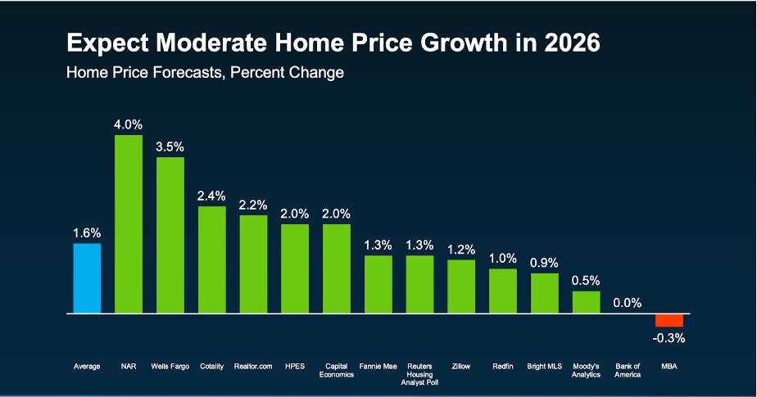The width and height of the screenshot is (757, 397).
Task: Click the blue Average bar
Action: [x=87, y=278]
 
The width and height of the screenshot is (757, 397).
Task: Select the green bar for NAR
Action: [x=129, y=224]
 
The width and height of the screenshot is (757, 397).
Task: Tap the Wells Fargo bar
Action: [x=170, y=235]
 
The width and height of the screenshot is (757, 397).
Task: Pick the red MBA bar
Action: [x=669, y=320]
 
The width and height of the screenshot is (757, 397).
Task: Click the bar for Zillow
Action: [x=461, y=286]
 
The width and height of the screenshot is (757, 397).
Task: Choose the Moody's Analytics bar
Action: [x=586, y=302]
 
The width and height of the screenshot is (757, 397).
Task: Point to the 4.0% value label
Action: [x=129, y=124]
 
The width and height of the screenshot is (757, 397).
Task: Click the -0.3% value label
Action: [x=669, y=337]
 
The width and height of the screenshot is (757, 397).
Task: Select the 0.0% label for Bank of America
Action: [x=628, y=303]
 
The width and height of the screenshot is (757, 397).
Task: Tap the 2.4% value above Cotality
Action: [x=212, y=196]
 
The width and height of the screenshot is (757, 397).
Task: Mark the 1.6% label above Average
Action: [x=87, y=232]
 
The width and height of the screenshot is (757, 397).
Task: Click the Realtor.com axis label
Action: [x=253, y=366]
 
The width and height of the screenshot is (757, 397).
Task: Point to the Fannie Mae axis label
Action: [x=378, y=366]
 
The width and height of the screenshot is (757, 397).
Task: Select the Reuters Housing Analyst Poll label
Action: [x=419, y=374]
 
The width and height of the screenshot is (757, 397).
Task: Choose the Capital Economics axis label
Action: [x=337, y=370]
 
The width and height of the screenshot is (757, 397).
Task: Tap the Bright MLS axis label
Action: [x=544, y=366]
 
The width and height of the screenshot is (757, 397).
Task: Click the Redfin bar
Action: [x=503, y=291]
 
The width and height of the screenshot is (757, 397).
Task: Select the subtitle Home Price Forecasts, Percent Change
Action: [x=205, y=72]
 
